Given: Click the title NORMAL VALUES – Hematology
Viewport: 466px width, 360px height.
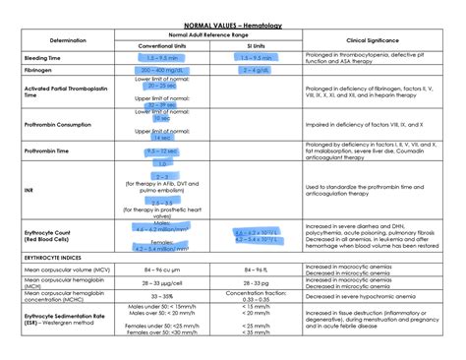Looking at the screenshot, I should click(232, 21).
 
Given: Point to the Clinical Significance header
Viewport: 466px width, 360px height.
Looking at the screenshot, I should click(369, 40).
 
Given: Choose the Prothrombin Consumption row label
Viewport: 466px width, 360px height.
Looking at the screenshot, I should click(58, 125).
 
